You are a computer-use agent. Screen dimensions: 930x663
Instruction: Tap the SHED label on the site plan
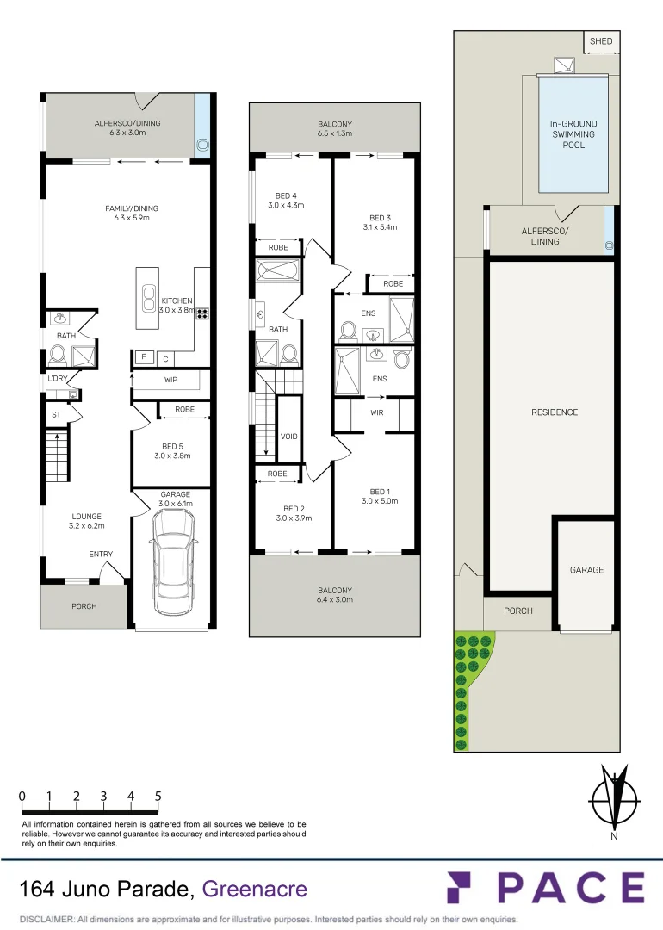601,41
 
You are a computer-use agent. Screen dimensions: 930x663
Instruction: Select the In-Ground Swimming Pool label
573,134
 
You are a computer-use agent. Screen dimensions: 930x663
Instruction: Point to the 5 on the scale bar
158,797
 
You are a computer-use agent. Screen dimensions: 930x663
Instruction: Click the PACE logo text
545,888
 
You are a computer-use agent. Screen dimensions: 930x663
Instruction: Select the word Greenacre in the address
254,888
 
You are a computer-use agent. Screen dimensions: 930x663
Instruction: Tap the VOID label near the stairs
289,437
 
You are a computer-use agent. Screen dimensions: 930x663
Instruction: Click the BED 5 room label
171,445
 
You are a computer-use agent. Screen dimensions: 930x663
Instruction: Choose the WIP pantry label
171,380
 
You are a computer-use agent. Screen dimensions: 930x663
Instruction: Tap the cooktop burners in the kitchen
203,313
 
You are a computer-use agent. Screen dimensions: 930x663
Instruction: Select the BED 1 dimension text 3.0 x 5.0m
379,500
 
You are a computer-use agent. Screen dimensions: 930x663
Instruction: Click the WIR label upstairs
375,412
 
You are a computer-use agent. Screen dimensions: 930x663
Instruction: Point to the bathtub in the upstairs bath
277,271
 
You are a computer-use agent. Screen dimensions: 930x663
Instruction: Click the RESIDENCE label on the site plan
555,412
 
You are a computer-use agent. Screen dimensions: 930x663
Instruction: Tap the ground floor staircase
56,456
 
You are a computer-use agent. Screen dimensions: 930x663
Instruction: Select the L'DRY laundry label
58,378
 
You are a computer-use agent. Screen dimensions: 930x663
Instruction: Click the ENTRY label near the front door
101,555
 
